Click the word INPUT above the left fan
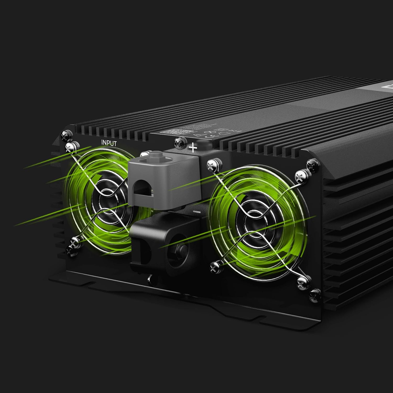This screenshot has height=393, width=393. coord(109,143)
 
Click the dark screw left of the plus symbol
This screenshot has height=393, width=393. coord(179,143)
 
